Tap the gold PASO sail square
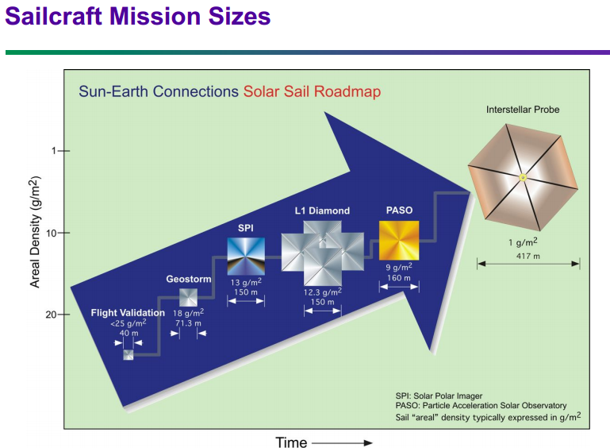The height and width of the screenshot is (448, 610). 398,241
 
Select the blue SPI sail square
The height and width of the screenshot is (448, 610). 246,256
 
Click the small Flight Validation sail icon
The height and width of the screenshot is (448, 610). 129,354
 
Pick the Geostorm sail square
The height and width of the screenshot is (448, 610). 188,297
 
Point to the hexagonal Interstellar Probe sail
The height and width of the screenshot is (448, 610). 522,177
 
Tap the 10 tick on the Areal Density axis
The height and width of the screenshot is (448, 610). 56,233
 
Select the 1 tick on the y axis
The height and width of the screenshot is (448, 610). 56,150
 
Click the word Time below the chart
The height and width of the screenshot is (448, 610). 291,442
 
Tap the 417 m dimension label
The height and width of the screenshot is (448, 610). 528,256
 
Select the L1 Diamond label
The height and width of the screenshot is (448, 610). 323,210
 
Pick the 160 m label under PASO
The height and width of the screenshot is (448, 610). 398,279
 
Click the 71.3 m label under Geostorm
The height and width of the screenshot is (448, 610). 188,323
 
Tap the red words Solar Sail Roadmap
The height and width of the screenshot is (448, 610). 312,91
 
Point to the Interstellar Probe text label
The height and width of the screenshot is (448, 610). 523,110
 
